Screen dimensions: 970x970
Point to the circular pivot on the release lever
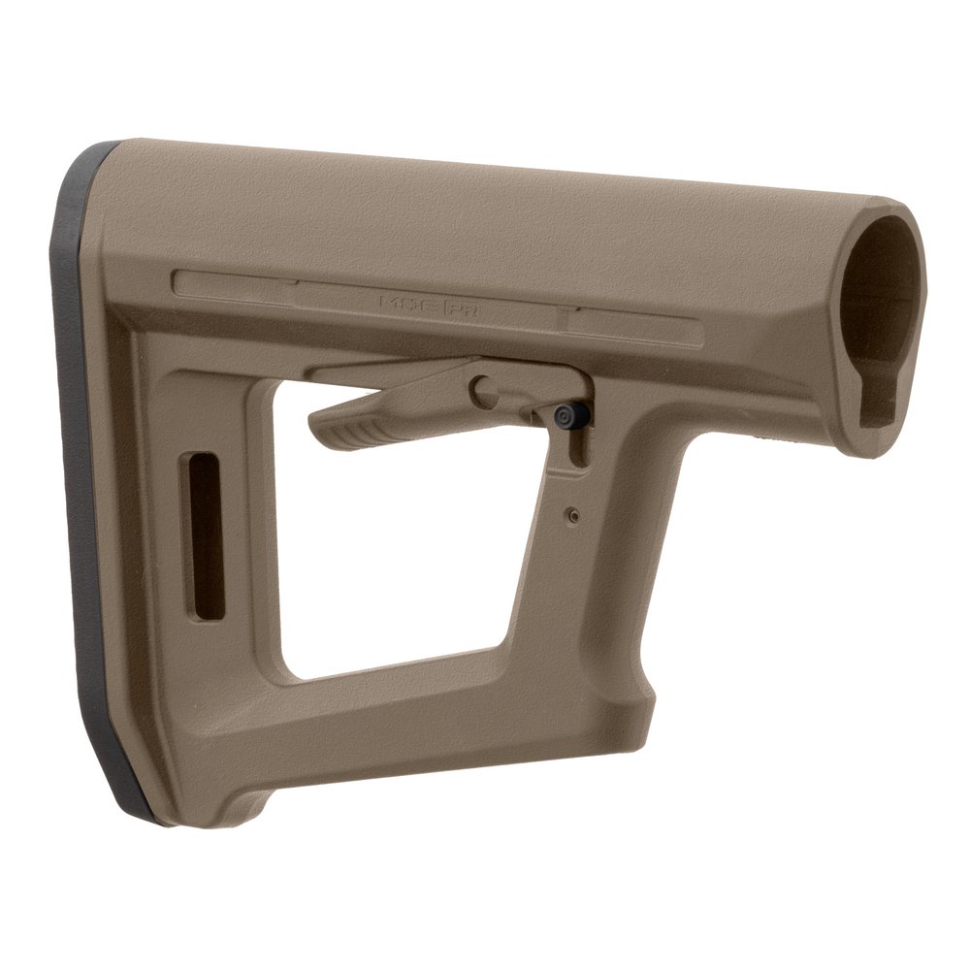pos(483,390)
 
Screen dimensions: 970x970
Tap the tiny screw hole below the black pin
pos(573,515)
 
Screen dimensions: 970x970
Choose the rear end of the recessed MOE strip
pos(184,281)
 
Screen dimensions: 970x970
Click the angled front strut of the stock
pos(592,582)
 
